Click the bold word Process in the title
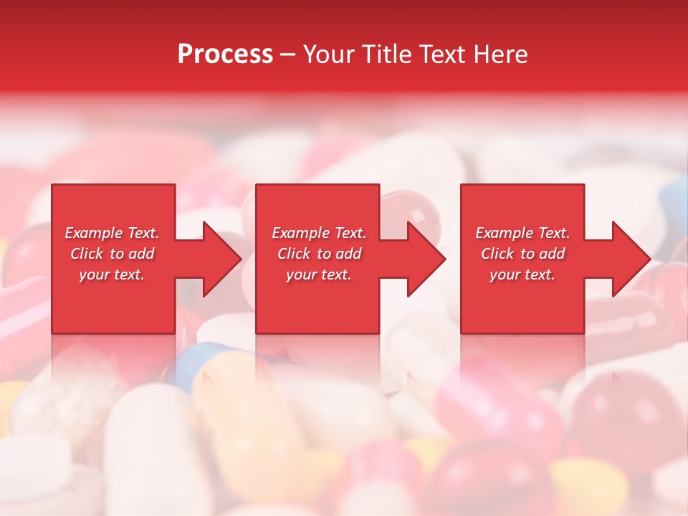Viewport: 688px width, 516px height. [225, 54]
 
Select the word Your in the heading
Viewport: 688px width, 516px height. [328, 54]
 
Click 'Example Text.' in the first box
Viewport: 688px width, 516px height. [112, 233]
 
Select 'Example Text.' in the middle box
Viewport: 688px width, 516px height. [319, 233]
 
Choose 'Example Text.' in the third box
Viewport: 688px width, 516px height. [522, 233]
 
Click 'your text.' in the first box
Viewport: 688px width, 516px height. [112, 274]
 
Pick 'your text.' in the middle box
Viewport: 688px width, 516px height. [319, 274]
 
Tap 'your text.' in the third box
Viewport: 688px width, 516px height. [522, 274]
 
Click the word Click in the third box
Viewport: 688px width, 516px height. [497, 254]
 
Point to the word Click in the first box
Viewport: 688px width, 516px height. [87, 254]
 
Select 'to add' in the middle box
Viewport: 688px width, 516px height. [338, 254]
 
